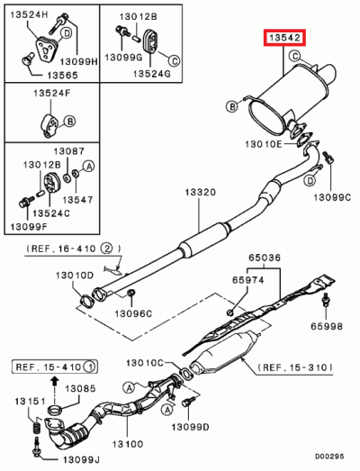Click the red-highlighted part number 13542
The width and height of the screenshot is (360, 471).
[x=284, y=39]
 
